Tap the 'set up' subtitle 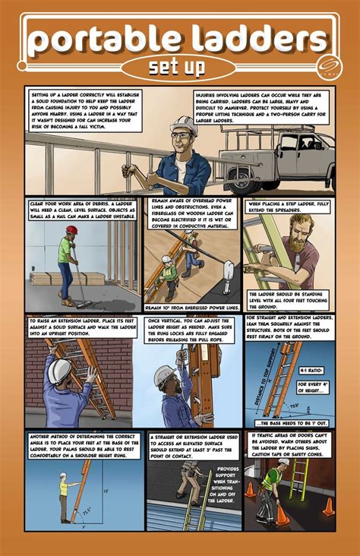tap(176, 67)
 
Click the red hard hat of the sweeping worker tap(71, 229)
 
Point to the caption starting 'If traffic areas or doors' tap(288, 445)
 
